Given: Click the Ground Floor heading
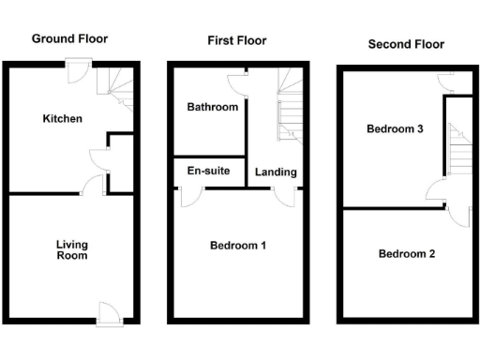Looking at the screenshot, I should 69,38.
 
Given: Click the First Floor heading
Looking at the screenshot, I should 236,40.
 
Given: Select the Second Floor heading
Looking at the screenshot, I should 406,44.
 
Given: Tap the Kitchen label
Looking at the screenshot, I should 62,119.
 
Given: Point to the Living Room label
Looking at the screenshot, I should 71,249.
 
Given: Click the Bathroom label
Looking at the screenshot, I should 212,108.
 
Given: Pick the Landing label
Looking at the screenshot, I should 276,172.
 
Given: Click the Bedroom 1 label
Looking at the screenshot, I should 238,246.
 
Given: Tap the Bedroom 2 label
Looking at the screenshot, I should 407,253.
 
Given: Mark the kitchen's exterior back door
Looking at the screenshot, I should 77,67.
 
